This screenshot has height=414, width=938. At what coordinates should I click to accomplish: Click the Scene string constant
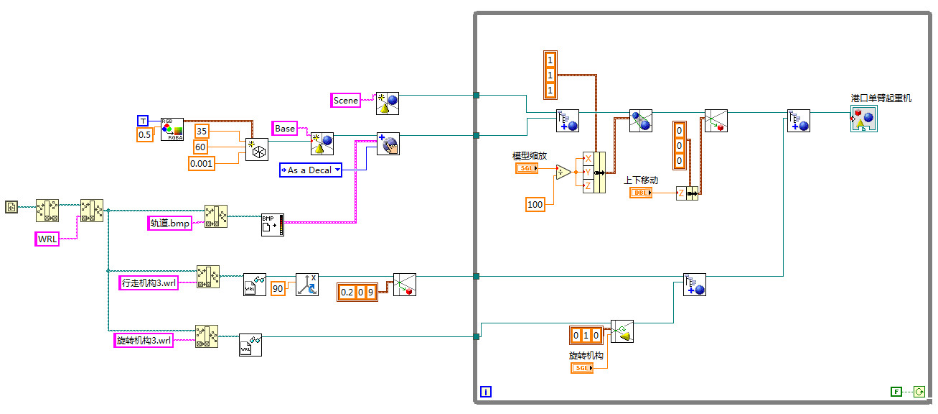pos(346,101)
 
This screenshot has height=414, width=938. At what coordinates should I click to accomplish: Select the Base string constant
pos(285,129)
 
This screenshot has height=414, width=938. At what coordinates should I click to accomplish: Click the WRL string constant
pos(47,239)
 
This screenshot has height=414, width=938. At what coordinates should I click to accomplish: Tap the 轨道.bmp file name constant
pos(170,224)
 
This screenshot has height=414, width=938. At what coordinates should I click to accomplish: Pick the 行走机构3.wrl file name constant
pos(149,283)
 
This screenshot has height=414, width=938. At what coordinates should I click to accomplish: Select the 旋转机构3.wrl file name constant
pos(144,341)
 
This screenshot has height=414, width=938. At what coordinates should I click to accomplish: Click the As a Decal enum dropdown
pos(310,170)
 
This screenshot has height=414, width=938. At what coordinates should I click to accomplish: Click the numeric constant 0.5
pos(144,134)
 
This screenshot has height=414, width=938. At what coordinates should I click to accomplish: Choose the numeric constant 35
pos(202,132)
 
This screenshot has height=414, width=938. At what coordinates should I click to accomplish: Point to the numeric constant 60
pos(202,147)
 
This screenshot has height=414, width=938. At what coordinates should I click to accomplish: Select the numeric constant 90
pos(278,289)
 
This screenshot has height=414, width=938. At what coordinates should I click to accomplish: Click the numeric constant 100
pos(535,205)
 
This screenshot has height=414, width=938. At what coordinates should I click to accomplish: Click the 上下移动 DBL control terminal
pos(641,193)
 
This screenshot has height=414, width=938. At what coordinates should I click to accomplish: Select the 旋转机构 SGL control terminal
pos(582,368)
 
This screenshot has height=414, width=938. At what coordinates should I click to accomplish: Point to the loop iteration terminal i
pos(486,392)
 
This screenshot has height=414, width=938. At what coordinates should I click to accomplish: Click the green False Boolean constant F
pos(896,392)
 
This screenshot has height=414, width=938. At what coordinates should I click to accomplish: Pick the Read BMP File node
pos(272,225)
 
